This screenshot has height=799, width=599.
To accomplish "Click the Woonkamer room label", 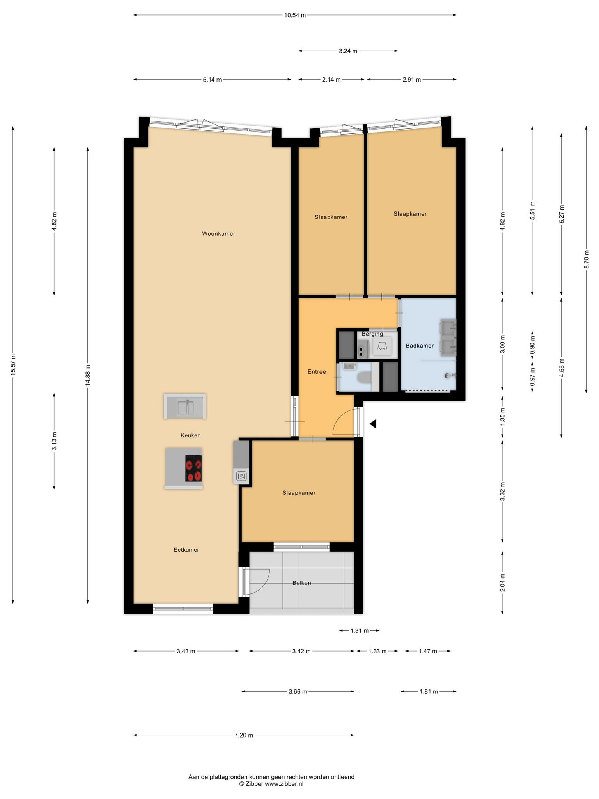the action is point(218,234).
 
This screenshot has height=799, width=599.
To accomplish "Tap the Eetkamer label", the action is point(186,550).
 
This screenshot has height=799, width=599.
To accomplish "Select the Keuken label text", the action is point(190,435).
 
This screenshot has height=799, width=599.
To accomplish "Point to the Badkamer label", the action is point(420,346).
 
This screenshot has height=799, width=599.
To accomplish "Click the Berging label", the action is point(372,334).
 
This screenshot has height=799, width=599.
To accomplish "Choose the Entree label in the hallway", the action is point(317,372).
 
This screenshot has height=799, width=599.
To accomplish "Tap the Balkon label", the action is point(302,583).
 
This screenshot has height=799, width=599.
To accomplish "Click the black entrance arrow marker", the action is point(373,424).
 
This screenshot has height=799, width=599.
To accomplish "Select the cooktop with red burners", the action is point(193,468).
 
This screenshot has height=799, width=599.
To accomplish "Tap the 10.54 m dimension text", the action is point(295,15).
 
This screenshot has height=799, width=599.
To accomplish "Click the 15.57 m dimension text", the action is point(13,365).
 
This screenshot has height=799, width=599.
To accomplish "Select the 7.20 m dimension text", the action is point(244,735).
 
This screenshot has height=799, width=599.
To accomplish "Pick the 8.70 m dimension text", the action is point(587,259).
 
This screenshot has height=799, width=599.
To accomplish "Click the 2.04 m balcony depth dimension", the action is point(502,582).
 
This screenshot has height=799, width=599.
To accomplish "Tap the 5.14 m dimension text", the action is point(212,80).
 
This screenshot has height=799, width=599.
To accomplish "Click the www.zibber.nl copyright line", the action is point(271,784).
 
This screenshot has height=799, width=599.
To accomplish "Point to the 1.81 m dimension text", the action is point(429,691).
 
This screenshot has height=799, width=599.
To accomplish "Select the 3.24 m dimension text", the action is point(348,51).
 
